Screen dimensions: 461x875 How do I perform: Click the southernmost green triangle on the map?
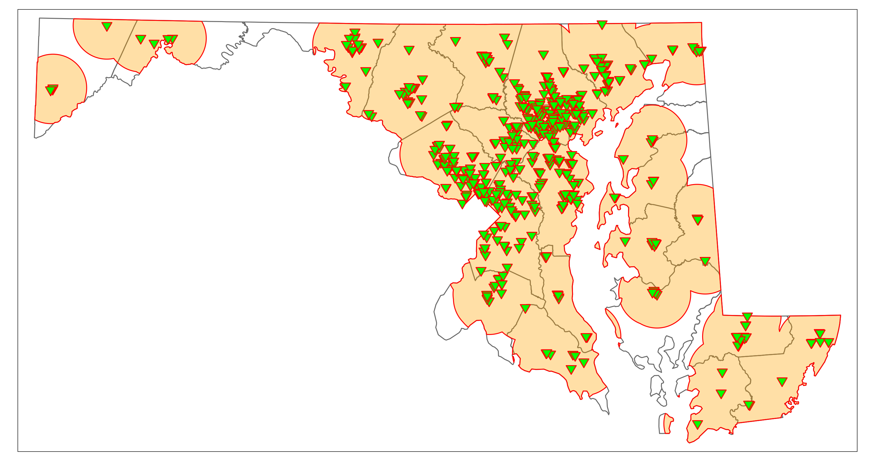(x=697, y=424)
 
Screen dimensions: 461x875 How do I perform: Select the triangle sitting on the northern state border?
(x=602, y=24)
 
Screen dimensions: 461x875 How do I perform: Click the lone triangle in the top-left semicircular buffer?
(x=107, y=26)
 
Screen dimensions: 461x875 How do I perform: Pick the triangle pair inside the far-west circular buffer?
(x=52, y=90)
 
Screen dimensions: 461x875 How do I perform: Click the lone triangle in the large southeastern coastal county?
(x=782, y=381)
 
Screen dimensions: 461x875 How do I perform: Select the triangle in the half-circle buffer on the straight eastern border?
(x=698, y=220)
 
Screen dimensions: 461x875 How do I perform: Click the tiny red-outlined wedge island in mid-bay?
(x=597, y=245)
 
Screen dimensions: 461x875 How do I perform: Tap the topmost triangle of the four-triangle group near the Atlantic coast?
(x=819, y=333)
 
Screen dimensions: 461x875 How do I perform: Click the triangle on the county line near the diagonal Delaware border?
(x=705, y=261)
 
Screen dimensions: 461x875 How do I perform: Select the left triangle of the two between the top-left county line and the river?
(x=140, y=39)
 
